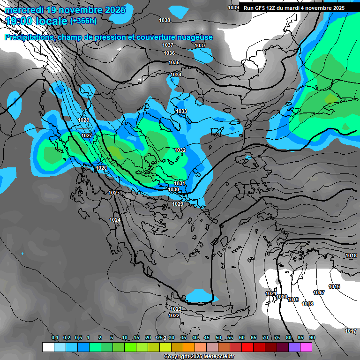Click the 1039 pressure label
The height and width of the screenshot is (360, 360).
click(x=233, y=7)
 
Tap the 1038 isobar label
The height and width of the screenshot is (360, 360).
click(x=165, y=20)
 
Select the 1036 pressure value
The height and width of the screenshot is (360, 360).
click(x=169, y=53)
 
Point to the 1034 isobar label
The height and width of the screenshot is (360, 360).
click(x=176, y=75)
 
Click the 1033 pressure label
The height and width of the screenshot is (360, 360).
click(x=181, y=111)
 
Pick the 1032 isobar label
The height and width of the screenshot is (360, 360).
click(x=180, y=150)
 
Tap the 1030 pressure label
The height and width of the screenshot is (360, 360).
click(x=174, y=189)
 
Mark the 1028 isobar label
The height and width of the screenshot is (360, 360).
click(x=84, y=120)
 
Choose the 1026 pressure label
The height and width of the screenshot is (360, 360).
click(x=101, y=168)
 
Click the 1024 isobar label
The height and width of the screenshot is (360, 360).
click(x=115, y=220)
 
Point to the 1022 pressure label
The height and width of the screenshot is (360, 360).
click(x=174, y=315)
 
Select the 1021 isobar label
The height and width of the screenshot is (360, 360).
click(x=270, y=293)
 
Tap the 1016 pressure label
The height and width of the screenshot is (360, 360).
click(x=334, y=286)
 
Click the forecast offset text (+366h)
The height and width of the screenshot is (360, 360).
click(x=83, y=21)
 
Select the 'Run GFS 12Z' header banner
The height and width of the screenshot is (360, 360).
click(x=294, y=7)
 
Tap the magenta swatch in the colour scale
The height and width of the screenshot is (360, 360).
click(x=306, y=347)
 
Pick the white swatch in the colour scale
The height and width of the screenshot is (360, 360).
click(x=48, y=347)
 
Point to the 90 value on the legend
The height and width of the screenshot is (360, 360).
click(x=312, y=337)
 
